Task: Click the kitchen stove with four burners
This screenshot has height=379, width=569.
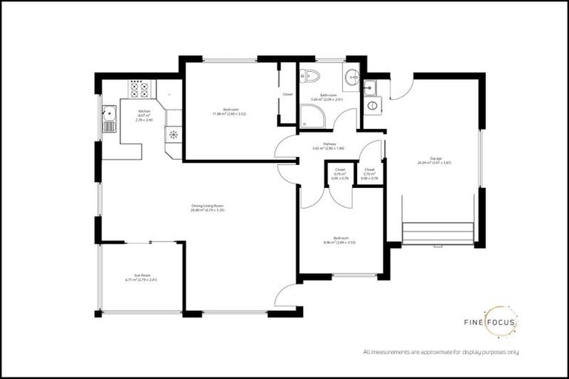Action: (139, 90)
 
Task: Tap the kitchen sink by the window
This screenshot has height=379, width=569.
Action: (110, 118)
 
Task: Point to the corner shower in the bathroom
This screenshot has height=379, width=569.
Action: (311, 116)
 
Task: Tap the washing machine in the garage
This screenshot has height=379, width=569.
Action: (373, 105)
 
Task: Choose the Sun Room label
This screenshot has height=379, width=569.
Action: (142, 277)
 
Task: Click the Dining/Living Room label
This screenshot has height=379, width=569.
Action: (207, 207)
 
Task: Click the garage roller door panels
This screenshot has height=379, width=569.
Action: (437, 233)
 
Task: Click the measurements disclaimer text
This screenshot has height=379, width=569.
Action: (441, 352)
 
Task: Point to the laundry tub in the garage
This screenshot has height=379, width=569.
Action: (372, 87)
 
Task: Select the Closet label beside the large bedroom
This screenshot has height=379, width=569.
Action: (287, 95)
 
